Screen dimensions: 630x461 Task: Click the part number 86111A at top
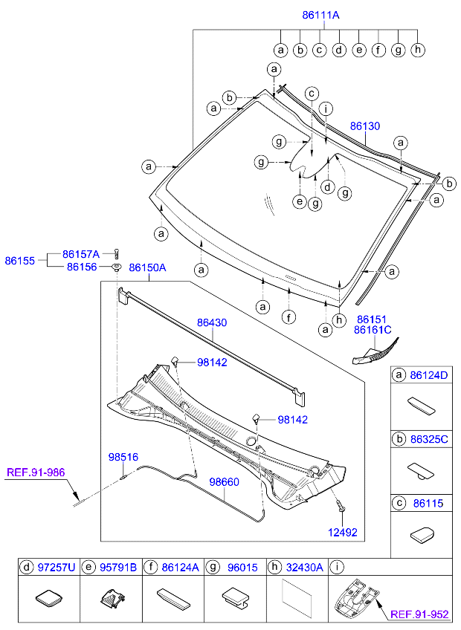[x=321, y=15]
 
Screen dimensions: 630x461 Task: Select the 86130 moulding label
[x=365, y=127]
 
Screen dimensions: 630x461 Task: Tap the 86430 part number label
[x=212, y=323]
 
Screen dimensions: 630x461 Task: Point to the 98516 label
[x=123, y=457]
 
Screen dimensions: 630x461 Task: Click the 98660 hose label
[x=224, y=482]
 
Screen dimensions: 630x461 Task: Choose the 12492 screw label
[x=343, y=532]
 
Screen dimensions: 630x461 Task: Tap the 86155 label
[x=19, y=261]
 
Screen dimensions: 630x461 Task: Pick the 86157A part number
[x=81, y=253]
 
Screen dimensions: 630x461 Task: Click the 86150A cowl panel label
[x=147, y=267]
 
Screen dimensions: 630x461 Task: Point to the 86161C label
[x=373, y=330]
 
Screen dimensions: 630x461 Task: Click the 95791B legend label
[x=119, y=568]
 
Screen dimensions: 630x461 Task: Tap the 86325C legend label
[x=431, y=439]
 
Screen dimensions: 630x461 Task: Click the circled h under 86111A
[x=418, y=50]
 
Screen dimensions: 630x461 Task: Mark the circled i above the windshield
[x=326, y=108]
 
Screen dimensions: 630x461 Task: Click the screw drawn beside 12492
[x=340, y=508]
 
